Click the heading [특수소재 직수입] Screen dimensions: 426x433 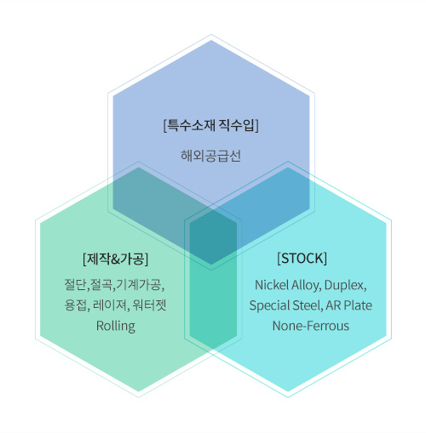tap(211, 125)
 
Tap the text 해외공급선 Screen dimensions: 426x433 tap(210, 156)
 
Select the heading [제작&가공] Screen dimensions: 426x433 tap(115, 259)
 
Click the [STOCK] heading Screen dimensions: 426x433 tap(302, 258)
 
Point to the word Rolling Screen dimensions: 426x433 tap(116, 326)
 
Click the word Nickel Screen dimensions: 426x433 tap(271, 285)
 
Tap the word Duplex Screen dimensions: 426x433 tap(345, 286)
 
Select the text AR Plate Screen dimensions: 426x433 tap(349, 305)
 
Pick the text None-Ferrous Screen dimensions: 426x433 tap(311, 326)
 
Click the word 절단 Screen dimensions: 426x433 tap(76, 285)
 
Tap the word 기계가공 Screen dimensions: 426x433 tap(139, 285)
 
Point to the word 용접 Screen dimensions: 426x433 tap(75, 305)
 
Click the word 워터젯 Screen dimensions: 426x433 tap(149, 305)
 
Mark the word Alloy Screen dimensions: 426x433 tap(306, 286)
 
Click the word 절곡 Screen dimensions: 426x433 tap(101, 285)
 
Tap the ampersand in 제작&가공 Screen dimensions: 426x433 tap(116, 259)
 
